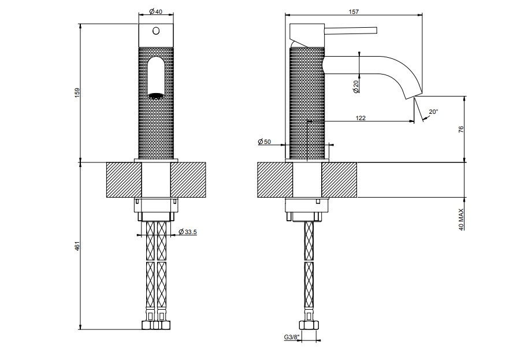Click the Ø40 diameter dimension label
(x=156, y=12)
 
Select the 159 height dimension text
(x=77, y=93)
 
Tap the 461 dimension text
(x=77, y=246)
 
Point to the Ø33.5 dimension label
(x=188, y=232)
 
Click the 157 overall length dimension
(x=354, y=12)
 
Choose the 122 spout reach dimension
(x=360, y=118)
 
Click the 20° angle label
(x=433, y=112)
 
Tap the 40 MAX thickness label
(x=461, y=220)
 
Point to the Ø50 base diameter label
(x=265, y=142)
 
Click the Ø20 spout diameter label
(x=356, y=86)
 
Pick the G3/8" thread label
(x=291, y=337)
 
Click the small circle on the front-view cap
(x=156, y=31)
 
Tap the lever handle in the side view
(x=351, y=31)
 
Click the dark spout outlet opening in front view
(x=156, y=95)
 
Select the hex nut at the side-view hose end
(x=308, y=325)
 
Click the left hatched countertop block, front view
(x=124, y=180)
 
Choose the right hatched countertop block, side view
(x=339, y=180)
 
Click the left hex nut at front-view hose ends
(x=147, y=325)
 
